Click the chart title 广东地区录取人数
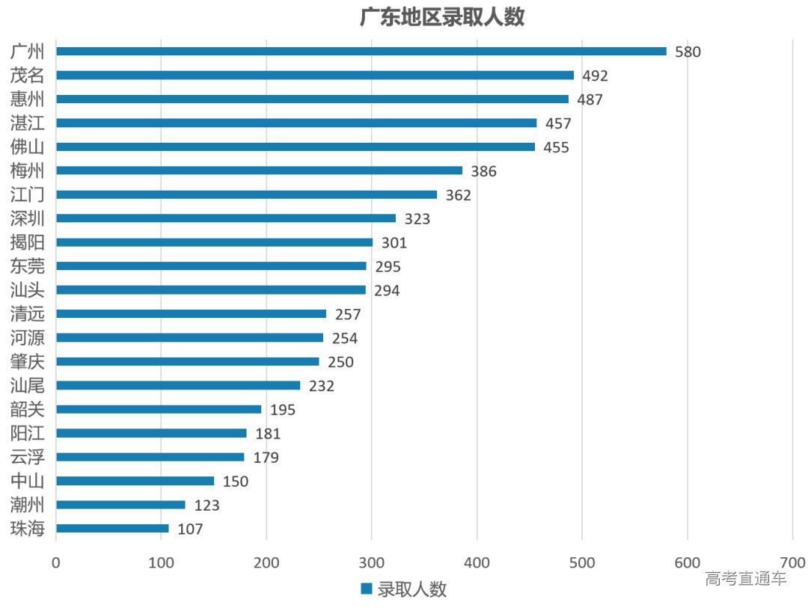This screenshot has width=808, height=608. coord(442,17)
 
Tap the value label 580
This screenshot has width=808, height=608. coord(688,52)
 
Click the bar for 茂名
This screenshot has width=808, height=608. coord(314,76)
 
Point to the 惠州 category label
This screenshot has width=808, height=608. coord(28,99)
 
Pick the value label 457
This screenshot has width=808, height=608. coord(557,123)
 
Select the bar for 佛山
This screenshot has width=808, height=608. coord(296,147)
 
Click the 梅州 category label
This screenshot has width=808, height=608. coord(28,171)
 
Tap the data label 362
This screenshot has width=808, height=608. coord(458,195)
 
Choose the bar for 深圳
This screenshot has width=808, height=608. coord(225,218)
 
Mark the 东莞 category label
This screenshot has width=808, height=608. coord(28,266)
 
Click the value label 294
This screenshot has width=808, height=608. coord(387,291)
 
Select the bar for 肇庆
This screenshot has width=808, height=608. coord(187,362)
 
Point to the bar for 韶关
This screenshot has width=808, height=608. coord(159,410)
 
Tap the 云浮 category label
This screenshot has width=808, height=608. coord(28,457)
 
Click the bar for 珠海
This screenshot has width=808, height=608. coord(112,529)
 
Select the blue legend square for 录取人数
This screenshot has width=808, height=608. coord(367,589)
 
